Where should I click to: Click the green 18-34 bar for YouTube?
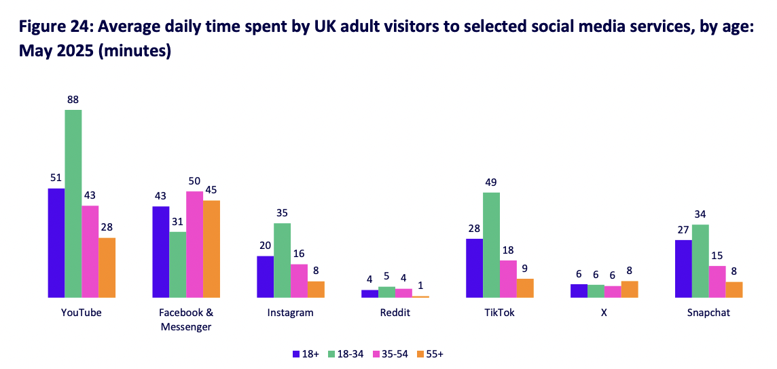(73, 203)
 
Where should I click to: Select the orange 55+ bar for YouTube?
(107, 267)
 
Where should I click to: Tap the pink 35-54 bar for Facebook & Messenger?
(195, 244)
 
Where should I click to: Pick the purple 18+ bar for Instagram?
(265, 277)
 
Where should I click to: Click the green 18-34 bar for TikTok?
(491, 245)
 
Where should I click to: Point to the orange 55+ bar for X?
(630, 289)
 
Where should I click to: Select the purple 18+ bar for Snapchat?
(683, 269)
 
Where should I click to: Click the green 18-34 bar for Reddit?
(386, 292)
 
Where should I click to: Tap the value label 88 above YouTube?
(73, 100)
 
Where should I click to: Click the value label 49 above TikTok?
(491, 182)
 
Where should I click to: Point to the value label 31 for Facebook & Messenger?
(178, 222)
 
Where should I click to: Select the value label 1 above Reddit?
(421, 286)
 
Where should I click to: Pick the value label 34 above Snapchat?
(700, 214)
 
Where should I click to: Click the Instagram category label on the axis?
(291, 313)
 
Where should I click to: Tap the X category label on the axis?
(604, 313)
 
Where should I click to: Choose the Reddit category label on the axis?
(395, 313)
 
